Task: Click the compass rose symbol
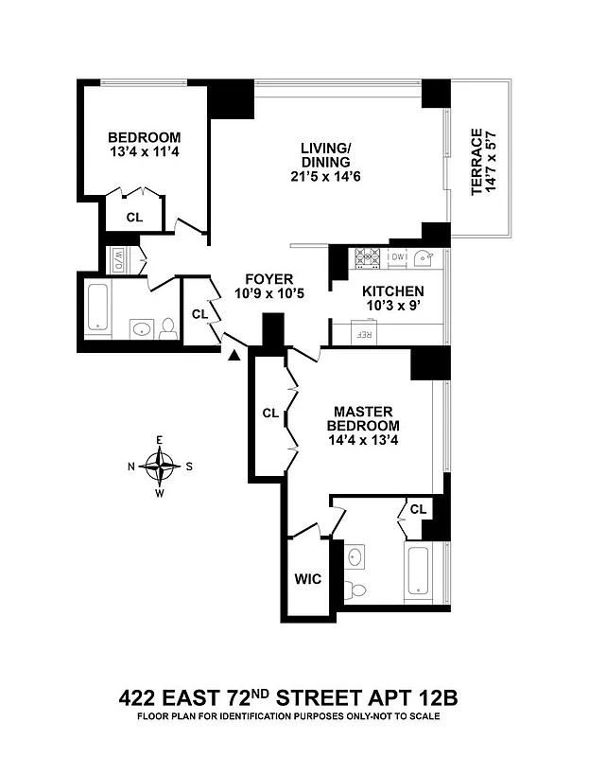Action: (x=163, y=465)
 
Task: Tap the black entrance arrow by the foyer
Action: (x=234, y=353)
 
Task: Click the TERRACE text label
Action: (x=477, y=163)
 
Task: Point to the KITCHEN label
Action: (x=393, y=291)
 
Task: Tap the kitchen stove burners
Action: (x=365, y=256)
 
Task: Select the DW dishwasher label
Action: (x=397, y=256)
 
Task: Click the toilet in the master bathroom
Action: (x=356, y=590)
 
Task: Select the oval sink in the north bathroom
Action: (x=141, y=329)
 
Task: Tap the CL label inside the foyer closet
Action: (x=199, y=314)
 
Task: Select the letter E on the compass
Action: (x=163, y=440)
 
